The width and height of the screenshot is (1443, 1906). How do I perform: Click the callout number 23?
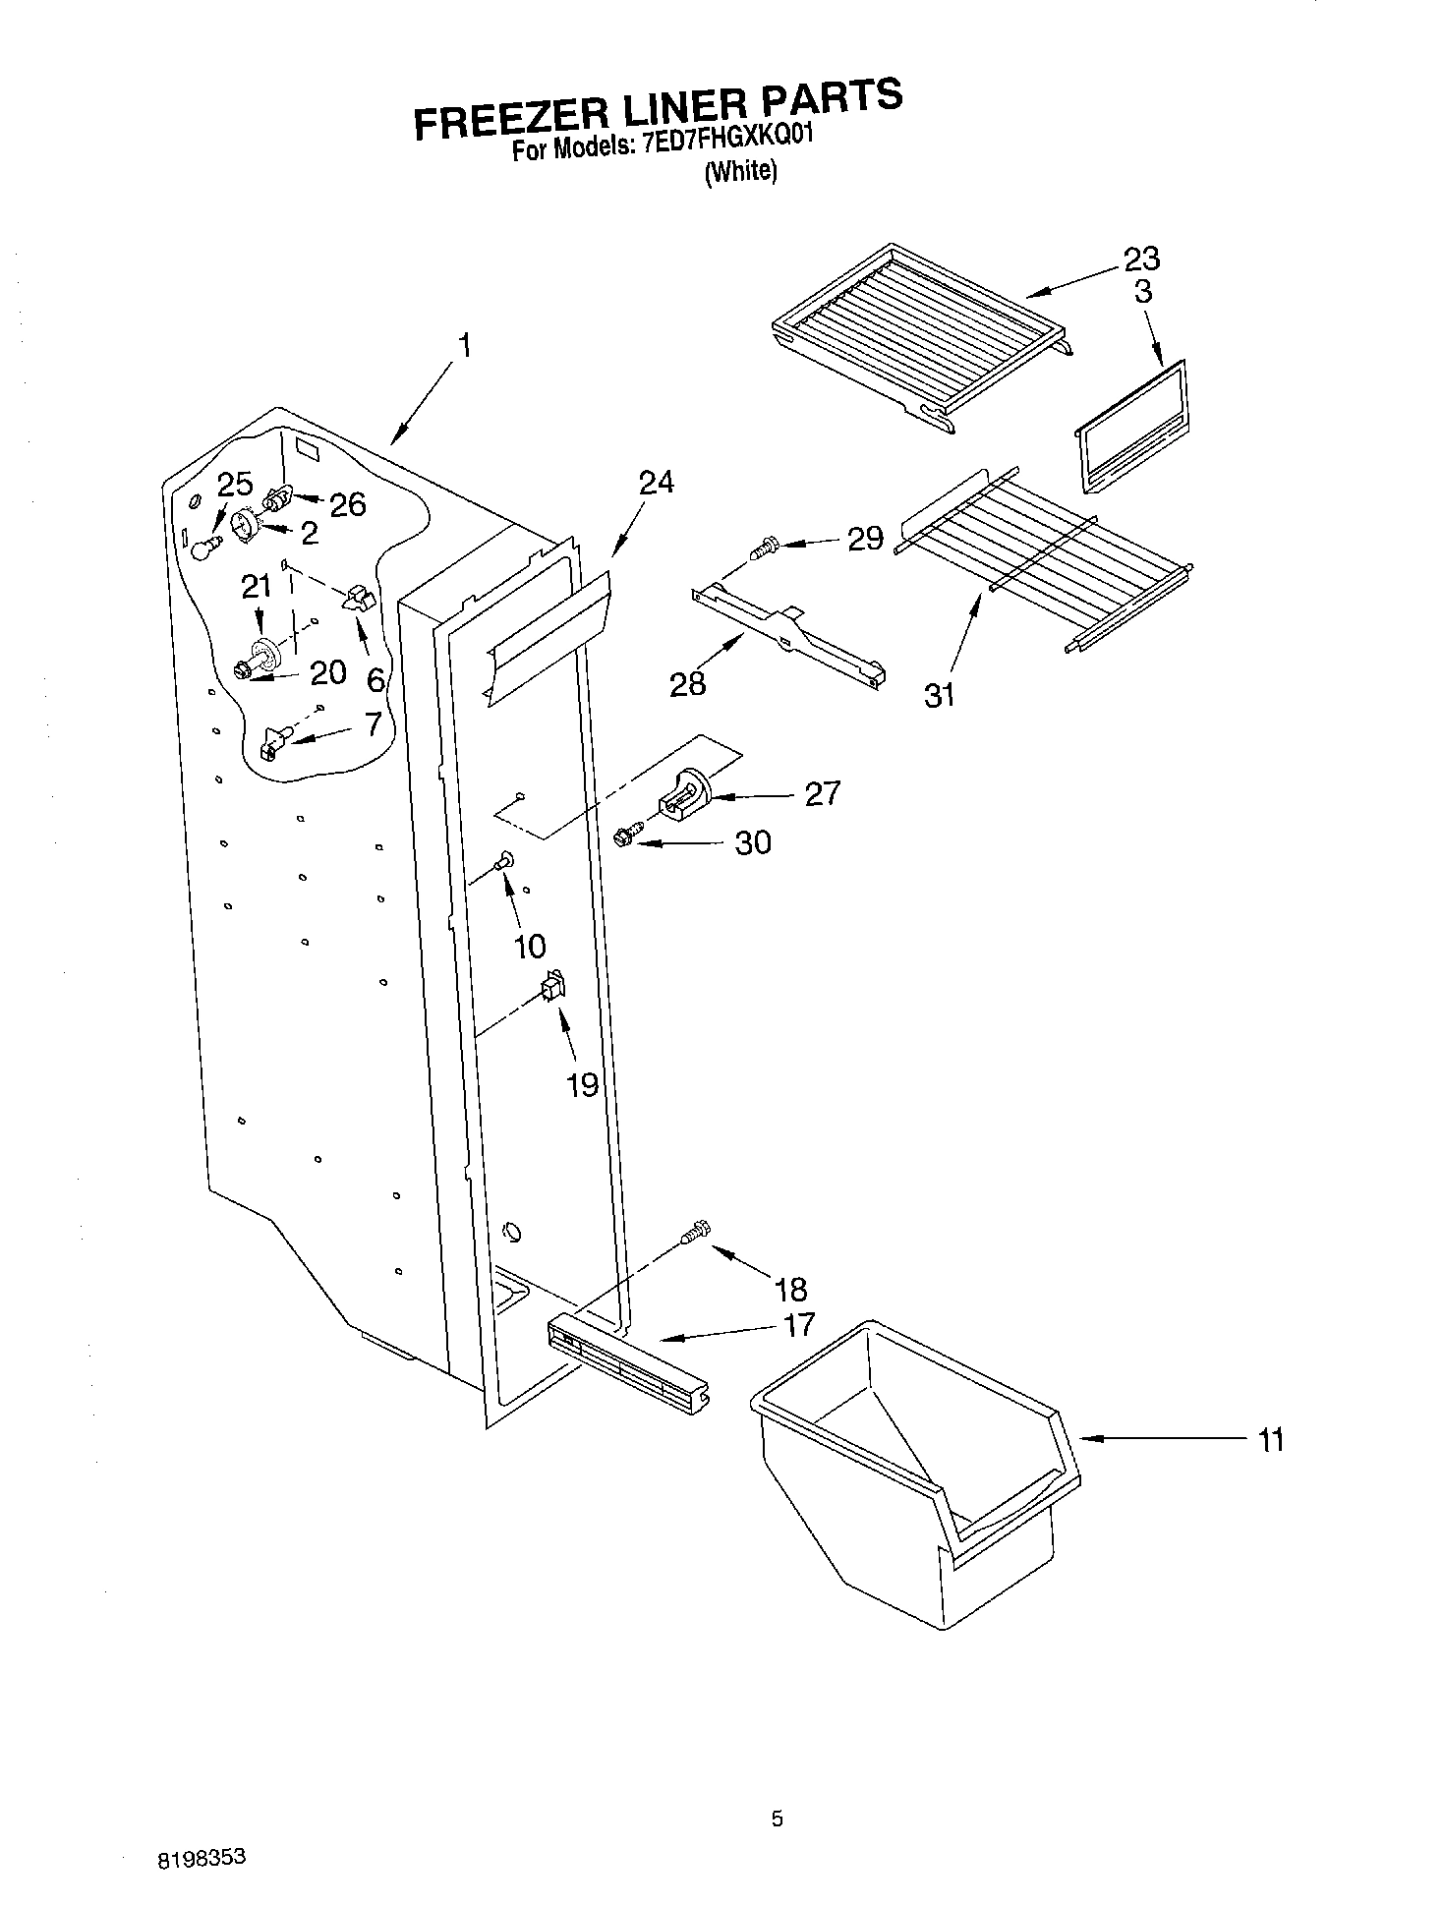(1141, 260)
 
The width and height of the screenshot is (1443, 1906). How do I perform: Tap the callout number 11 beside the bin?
(1271, 1441)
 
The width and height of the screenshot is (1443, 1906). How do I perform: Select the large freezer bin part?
(914, 1474)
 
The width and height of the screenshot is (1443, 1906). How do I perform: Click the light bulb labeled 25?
(203, 548)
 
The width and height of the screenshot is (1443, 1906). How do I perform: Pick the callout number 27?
(822, 793)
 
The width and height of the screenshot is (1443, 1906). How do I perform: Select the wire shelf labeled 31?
(1042, 560)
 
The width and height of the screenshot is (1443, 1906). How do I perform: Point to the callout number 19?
(582, 1084)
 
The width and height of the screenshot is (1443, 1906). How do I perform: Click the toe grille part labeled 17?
(627, 1364)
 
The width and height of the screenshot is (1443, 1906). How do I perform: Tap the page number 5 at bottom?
(777, 1819)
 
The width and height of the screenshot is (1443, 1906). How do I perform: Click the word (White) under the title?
(741, 171)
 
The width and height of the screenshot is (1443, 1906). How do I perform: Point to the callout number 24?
(656, 483)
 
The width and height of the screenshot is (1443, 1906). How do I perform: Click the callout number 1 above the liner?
(464, 346)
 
